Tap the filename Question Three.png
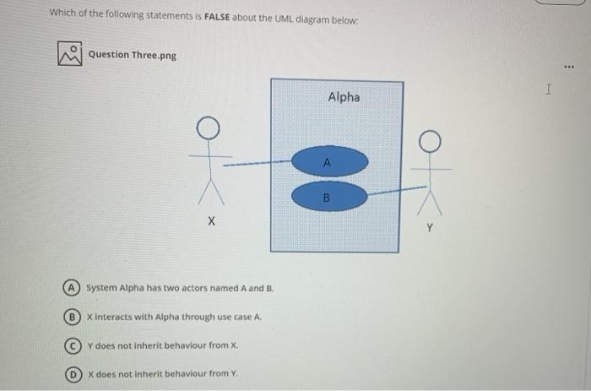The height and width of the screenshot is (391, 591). [x=133, y=55]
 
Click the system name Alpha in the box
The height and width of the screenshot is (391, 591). [x=343, y=97]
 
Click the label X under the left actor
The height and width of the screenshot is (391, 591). [x=211, y=221]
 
